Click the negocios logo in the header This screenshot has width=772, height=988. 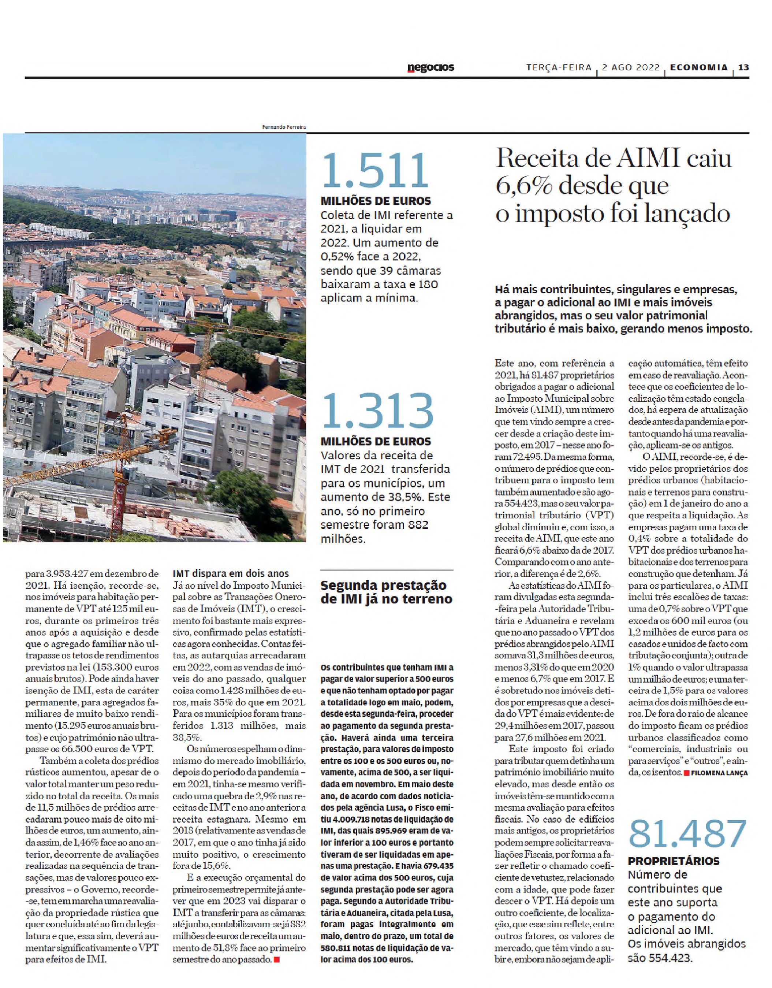pos(430,68)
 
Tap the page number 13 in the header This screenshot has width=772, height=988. pos(743,67)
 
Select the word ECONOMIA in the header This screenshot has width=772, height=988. pos(699,67)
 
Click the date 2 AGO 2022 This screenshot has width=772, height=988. pos(631,68)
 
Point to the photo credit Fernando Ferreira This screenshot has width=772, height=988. pos(284,127)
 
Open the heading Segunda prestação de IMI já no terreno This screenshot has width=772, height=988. pos(386,592)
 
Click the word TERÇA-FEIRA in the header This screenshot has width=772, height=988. pos(559,68)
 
